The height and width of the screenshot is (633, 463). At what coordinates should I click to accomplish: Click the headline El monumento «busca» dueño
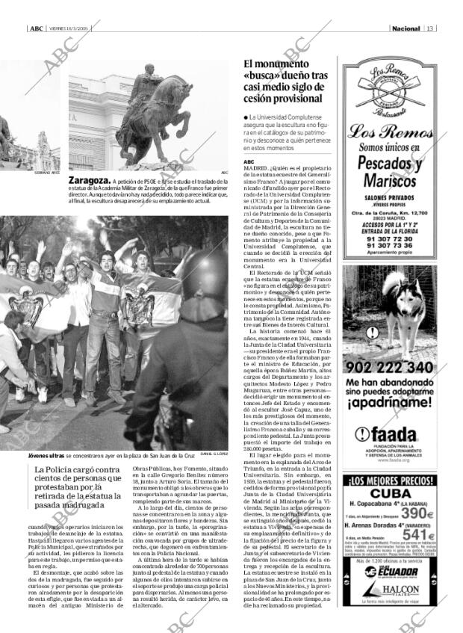285,81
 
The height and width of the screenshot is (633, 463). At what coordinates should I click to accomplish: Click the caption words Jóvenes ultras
46,455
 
